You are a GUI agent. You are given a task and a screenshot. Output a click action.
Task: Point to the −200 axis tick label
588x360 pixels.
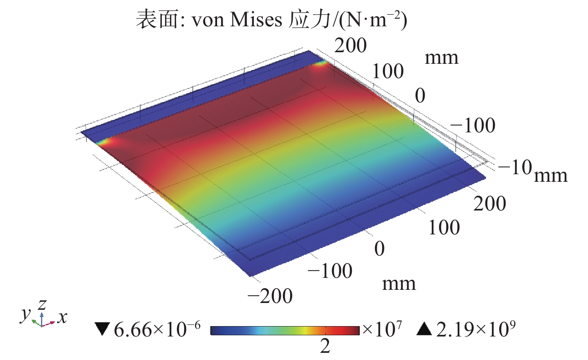(x=270, y=296)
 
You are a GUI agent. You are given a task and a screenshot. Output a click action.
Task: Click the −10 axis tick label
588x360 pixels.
(x=515, y=167)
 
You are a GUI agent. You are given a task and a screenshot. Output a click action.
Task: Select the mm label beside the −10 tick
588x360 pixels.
(x=551, y=175)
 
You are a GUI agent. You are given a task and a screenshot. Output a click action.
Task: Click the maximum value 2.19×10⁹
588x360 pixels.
(x=476, y=329)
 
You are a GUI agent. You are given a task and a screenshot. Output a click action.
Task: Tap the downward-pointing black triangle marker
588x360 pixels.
(x=102, y=329)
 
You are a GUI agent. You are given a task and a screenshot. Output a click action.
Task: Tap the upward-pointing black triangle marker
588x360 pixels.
(x=424, y=329)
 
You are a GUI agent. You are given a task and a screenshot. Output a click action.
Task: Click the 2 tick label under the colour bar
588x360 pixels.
(x=325, y=346)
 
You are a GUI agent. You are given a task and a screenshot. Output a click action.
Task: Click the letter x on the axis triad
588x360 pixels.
(x=62, y=318)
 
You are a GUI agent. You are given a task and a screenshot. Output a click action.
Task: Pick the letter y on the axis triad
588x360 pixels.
(x=25, y=314)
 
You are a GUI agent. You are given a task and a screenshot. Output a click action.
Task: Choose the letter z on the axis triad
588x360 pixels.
(x=42, y=304)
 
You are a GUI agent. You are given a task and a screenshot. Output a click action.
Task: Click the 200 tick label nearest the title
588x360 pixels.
(x=350, y=45)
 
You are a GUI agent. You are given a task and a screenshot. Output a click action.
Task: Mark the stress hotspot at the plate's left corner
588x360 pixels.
(x=104, y=141)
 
